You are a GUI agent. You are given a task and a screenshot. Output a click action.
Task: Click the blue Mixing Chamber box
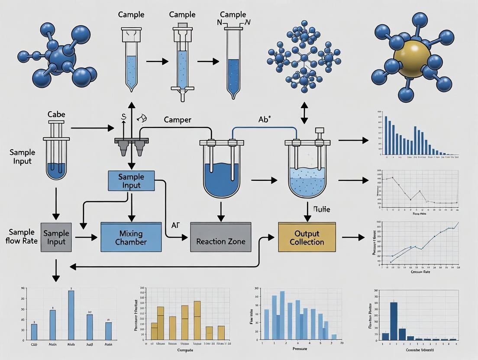[131, 237]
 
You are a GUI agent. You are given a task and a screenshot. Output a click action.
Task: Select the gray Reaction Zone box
[221, 237]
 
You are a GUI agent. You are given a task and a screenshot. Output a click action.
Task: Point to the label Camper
[178, 120]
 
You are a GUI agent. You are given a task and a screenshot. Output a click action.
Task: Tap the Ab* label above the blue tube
[264, 119]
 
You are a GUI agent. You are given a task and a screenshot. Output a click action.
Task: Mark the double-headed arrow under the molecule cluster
[304, 112]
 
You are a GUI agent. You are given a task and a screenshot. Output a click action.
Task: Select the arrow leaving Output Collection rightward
[353, 237]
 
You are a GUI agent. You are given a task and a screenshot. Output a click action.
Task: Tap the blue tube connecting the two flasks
[264, 128]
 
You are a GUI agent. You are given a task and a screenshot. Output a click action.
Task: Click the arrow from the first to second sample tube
[157, 61]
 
